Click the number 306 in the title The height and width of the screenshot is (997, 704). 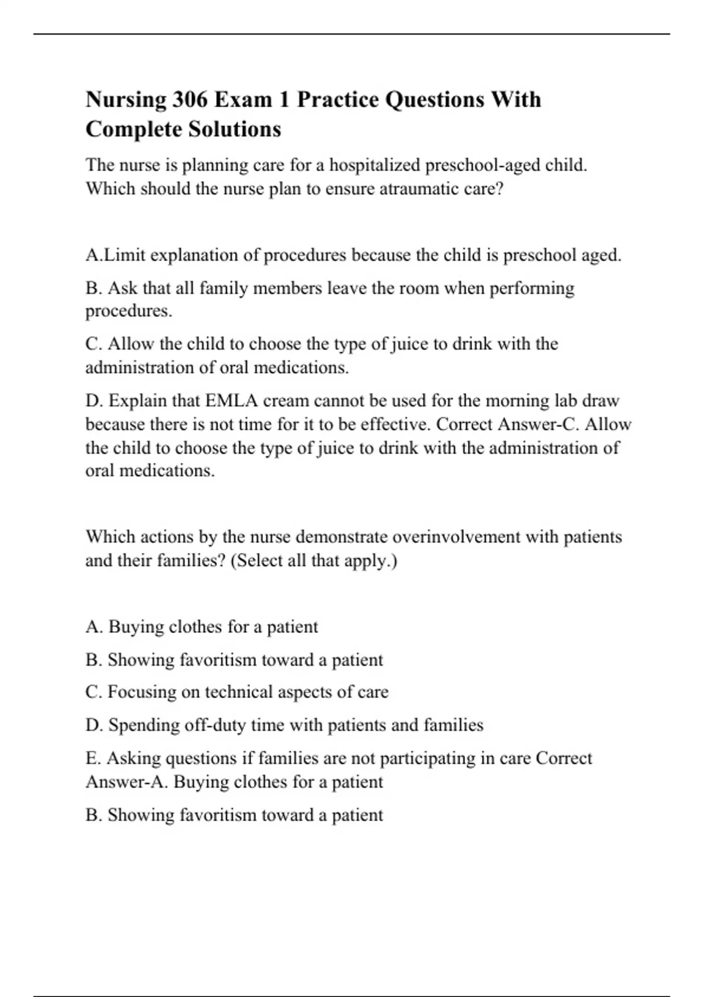(190, 100)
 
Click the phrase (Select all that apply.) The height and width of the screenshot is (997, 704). (314, 561)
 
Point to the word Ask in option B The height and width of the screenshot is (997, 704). (122, 289)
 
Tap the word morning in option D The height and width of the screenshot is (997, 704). (516, 401)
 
